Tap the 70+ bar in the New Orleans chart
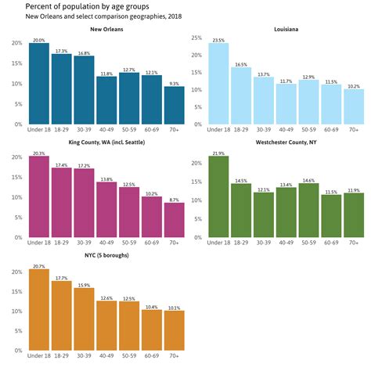click(174, 105)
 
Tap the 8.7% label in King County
click(174, 199)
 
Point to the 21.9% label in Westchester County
click(218, 153)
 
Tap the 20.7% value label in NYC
click(38, 267)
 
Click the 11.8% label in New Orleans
click(106, 74)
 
